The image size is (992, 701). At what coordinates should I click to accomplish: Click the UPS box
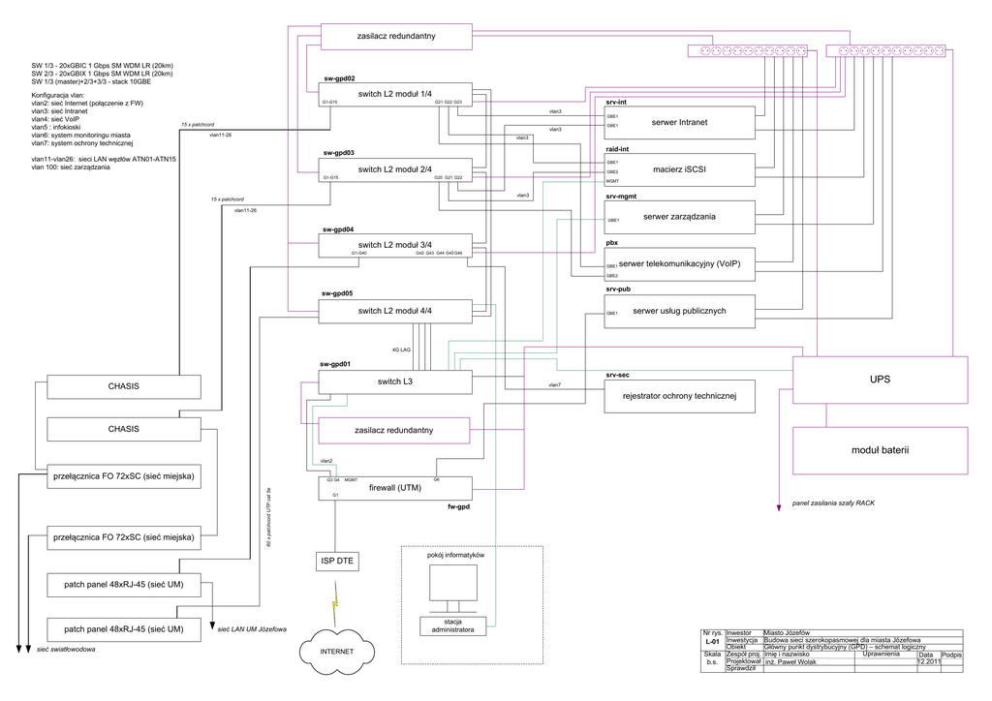[x=880, y=380]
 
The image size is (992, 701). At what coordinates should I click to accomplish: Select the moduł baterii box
[x=880, y=450]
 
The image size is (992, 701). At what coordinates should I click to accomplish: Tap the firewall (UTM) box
[x=394, y=488]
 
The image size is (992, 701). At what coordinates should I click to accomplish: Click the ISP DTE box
[x=336, y=561]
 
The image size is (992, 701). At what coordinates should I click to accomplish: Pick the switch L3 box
[x=394, y=381]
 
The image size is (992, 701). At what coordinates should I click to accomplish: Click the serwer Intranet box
[x=679, y=122]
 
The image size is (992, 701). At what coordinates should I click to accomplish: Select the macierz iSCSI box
[x=679, y=169]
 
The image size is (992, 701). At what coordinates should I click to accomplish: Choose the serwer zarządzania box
[x=679, y=217]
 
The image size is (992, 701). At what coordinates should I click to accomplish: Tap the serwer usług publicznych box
[x=679, y=311]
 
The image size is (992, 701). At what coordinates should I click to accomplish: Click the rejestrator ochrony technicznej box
[x=679, y=395]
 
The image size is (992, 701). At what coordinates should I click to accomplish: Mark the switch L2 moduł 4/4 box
[x=394, y=310]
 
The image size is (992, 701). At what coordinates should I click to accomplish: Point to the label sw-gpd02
[x=338, y=78]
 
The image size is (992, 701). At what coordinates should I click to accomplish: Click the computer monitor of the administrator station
[x=452, y=584]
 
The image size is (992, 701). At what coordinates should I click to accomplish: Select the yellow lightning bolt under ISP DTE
[x=336, y=605]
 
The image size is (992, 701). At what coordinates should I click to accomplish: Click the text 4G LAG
[x=402, y=349]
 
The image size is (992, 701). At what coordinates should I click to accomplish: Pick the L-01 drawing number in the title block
[x=711, y=641]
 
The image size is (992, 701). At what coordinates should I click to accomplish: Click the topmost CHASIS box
[x=123, y=386]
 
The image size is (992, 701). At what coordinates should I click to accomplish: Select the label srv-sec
[x=618, y=373]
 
